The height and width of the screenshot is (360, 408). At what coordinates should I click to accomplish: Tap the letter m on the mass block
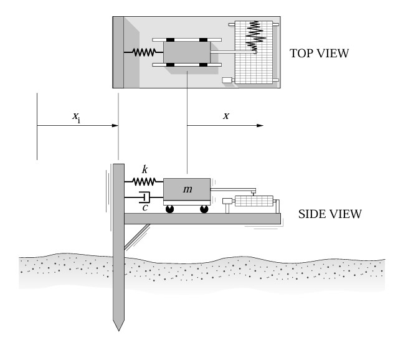(x=187, y=189)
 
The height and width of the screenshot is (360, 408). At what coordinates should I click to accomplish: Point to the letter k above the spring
(x=145, y=169)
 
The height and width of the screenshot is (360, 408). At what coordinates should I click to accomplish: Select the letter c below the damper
(x=145, y=208)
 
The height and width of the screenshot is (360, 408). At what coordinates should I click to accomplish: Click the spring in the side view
(x=144, y=182)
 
